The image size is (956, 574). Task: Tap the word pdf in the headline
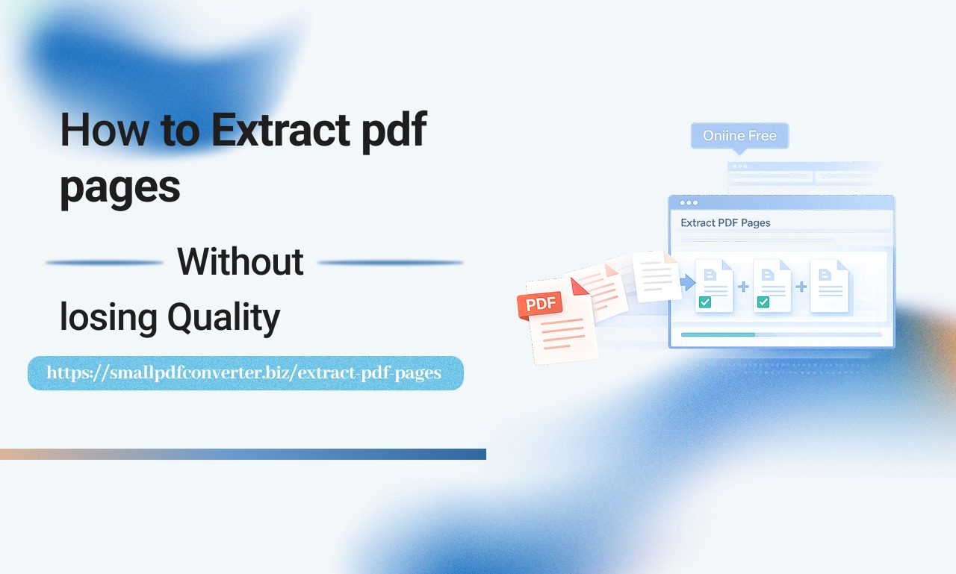pos(394,131)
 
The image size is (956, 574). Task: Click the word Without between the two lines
pos(240,262)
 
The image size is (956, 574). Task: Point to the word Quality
pos(223,318)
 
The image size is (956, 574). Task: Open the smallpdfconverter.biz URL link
pos(244,372)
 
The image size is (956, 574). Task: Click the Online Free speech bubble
pos(739,136)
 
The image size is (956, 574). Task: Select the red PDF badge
pos(539,305)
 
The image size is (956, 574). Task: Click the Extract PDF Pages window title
pos(725,222)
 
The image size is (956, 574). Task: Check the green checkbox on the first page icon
pos(704,302)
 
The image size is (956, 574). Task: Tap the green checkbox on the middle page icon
pos(763,302)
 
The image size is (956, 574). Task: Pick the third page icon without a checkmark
pos(829,285)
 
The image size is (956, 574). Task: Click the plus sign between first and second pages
pos(743,287)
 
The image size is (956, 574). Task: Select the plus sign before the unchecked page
pos(801,287)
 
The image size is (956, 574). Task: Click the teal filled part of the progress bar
pos(717,334)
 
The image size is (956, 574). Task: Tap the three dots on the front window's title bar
pos(689,202)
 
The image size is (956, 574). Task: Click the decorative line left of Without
pos(105,263)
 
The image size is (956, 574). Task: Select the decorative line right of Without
pos(390,263)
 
